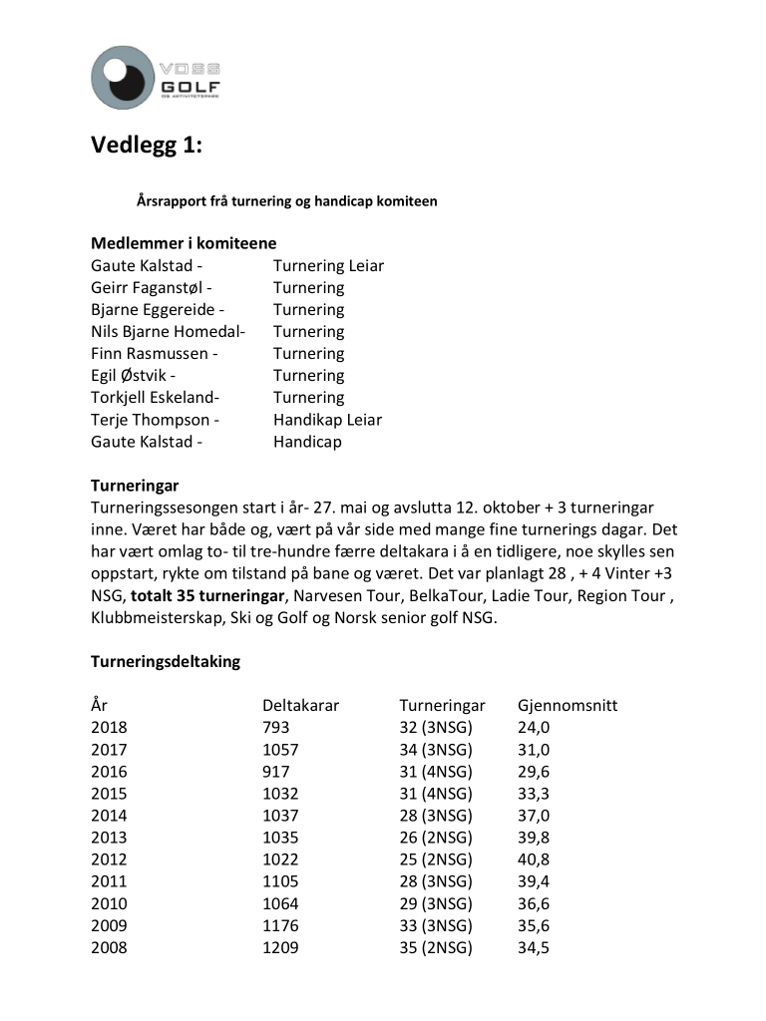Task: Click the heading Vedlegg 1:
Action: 147,147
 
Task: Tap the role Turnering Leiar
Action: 328,266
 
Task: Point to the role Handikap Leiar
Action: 327,420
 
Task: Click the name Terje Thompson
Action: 152,420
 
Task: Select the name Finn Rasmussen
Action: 151,354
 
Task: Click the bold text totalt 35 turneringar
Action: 206,596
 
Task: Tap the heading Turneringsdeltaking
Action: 166,661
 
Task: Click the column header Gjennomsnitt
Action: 568,706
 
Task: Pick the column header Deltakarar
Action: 300,706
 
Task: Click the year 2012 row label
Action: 109,859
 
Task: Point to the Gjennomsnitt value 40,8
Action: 534,859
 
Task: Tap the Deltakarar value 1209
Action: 280,947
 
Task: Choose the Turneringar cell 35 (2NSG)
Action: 435,947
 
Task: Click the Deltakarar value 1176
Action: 280,925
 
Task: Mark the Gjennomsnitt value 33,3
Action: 534,794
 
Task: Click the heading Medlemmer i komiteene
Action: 184,243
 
